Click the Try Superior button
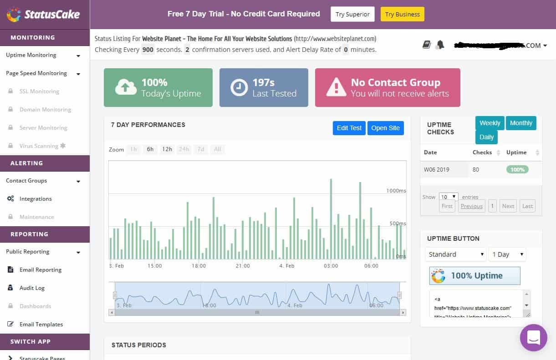click(352, 14)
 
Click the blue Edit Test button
click(349, 128)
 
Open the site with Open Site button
click(385, 128)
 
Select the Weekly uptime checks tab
click(490, 123)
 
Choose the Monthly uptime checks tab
click(521, 123)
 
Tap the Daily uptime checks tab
click(486, 137)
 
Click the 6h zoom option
click(150, 149)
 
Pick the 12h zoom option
click(167, 149)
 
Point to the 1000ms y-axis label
click(396, 191)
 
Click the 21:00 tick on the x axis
click(243, 266)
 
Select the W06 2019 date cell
click(436, 170)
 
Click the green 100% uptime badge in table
click(517, 170)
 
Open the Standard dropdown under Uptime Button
click(456, 254)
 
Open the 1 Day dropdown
click(507, 254)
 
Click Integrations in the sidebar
click(36, 199)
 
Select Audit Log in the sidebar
click(32, 288)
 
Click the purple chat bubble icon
click(533, 338)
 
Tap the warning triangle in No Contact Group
click(336, 87)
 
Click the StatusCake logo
click(43, 14)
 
